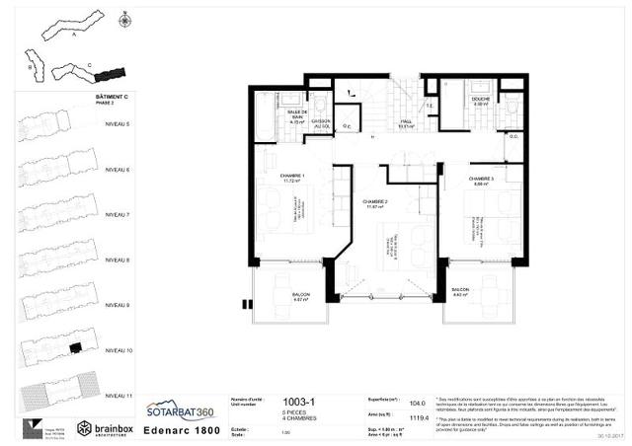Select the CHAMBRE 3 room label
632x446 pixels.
(482, 179)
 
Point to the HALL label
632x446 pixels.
(404, 122)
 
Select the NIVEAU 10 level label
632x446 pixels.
(117, 349)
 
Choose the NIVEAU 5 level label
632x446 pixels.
(117, 124)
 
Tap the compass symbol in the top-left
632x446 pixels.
(125, 19)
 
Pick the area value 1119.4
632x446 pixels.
(418, 416)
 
